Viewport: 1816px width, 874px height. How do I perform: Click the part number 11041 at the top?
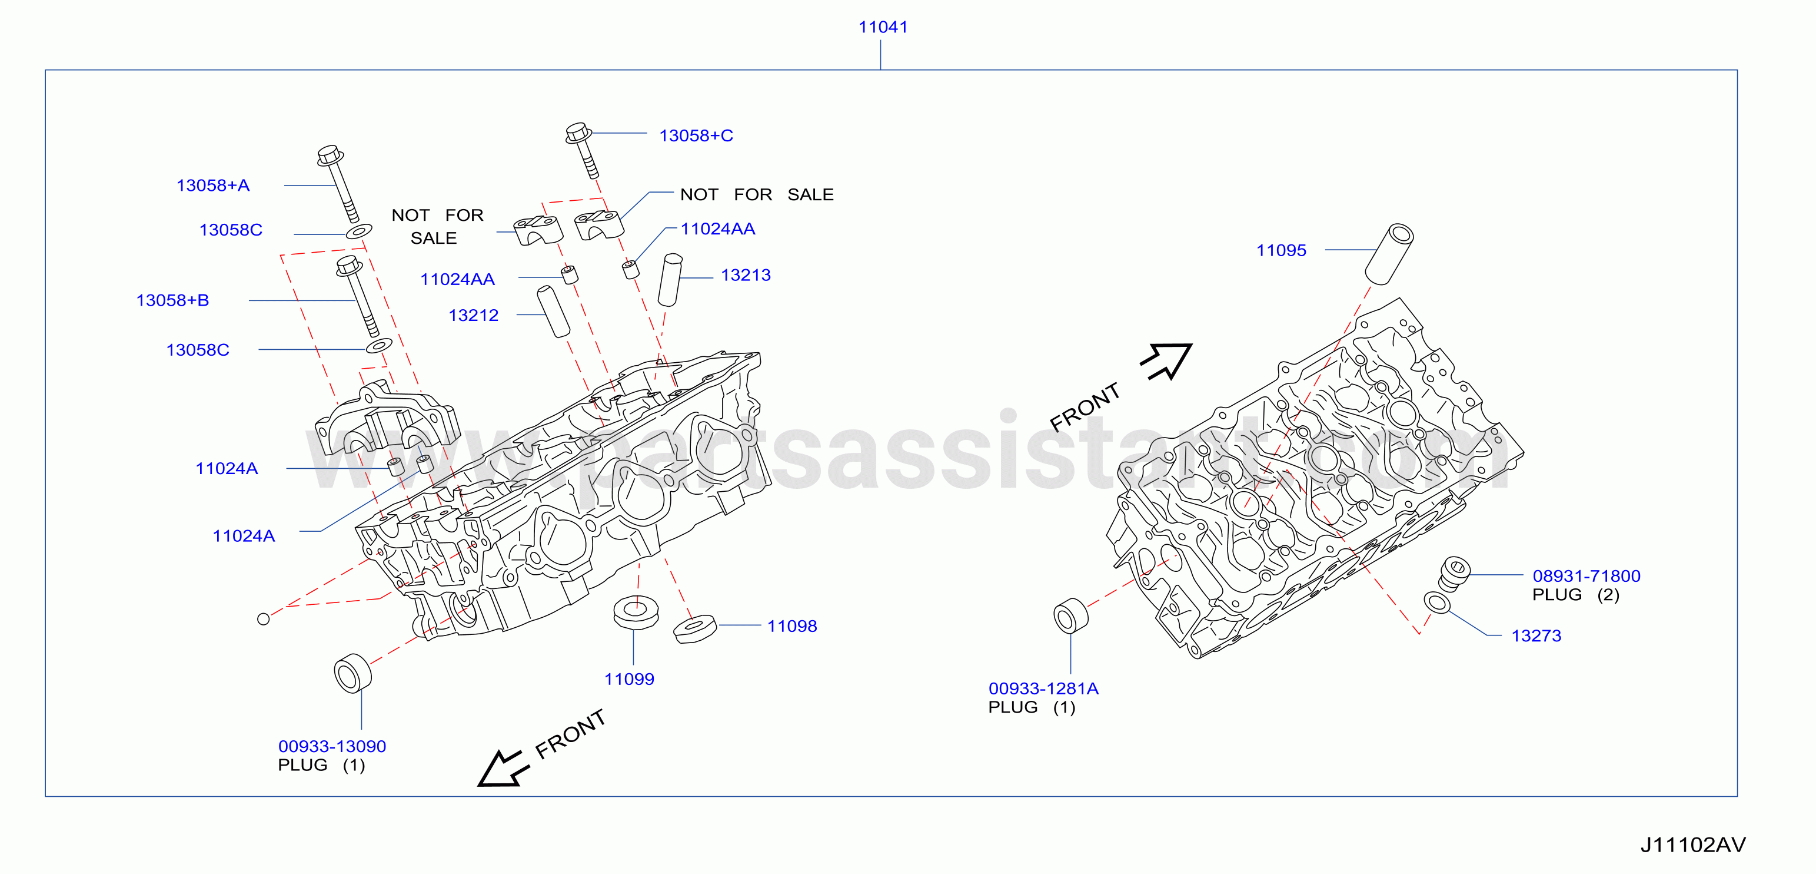pos(883,27)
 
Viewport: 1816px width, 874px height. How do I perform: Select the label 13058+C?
pos(696,135)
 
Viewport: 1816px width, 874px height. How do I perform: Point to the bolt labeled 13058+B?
pos(358,296)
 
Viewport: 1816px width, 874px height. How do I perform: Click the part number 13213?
pos(746,275)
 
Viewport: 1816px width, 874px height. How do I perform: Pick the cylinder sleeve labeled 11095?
pos(1389,254)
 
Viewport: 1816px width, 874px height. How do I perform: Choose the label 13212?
pos(473,315)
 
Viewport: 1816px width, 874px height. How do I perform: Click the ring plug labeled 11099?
pos(636,613)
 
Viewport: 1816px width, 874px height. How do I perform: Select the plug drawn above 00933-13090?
pos(352,674)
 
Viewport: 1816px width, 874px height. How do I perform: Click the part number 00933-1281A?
pos(1043,688)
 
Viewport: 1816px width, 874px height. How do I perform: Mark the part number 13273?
pos(1536,636)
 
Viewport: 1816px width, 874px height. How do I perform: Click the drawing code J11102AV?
pos(1692,845)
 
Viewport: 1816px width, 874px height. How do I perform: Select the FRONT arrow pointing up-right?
pos(1167,361)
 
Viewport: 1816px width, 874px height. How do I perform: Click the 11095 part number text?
pos(1281,250)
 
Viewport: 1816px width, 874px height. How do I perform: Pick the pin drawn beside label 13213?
pos(670,280)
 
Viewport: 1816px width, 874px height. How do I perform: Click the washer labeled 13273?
pos(1438,603)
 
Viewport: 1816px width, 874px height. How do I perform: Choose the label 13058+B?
pos(173,300)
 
